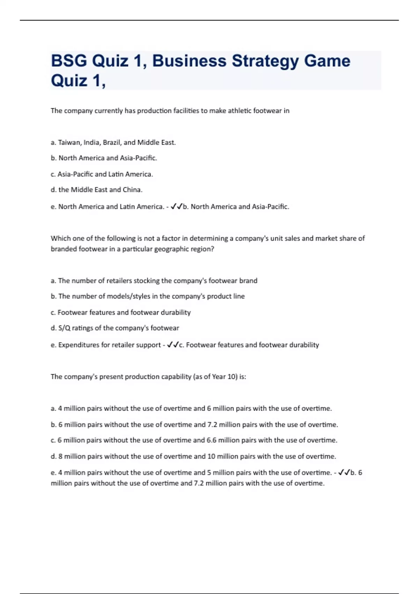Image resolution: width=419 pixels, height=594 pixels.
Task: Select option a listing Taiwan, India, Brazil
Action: [113, 143]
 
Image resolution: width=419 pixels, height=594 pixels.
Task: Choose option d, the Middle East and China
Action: [97, 190]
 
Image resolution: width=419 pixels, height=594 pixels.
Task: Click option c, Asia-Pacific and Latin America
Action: [102, 174]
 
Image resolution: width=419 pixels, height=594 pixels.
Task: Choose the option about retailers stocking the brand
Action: [154, 281]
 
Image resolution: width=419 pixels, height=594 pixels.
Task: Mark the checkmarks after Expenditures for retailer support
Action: [173, 345]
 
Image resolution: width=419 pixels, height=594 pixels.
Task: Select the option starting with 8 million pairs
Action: [193, 456]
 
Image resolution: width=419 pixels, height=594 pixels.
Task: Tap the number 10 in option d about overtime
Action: [212, 456]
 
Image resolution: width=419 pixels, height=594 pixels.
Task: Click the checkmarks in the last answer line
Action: [344, 472]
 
